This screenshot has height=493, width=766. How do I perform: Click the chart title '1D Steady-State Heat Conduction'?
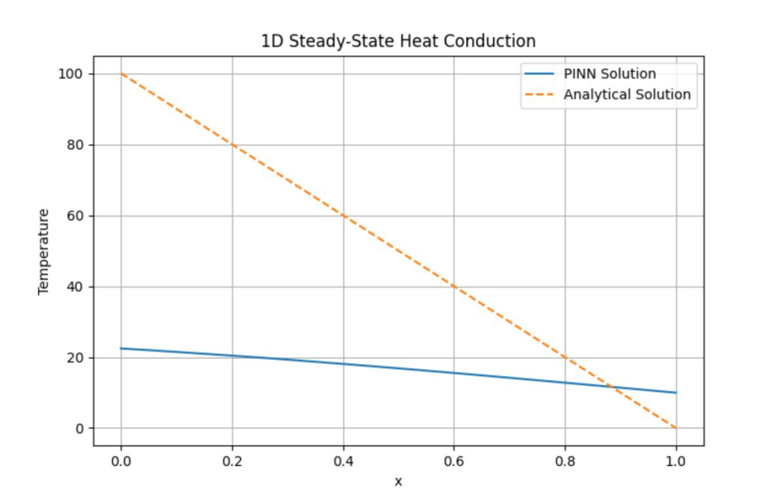point(398,41)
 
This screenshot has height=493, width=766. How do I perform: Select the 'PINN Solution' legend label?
point(609,74)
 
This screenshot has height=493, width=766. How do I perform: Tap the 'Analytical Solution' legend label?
point(627,95)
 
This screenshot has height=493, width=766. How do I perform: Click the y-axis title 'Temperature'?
point(43,252)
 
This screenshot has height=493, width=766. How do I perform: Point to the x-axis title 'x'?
point(398,481)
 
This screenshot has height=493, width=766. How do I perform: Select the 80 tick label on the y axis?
point(75,145)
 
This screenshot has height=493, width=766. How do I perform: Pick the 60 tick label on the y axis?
point(75,217)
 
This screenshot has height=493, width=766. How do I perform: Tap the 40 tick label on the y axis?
point(75,287)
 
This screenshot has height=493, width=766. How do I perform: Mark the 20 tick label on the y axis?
point(75,358)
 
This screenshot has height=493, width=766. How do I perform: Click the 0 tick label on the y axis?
point(78,429)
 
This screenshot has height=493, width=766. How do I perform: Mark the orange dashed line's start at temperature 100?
point(121,74)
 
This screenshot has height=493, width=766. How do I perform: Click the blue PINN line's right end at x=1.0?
point(676,393)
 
